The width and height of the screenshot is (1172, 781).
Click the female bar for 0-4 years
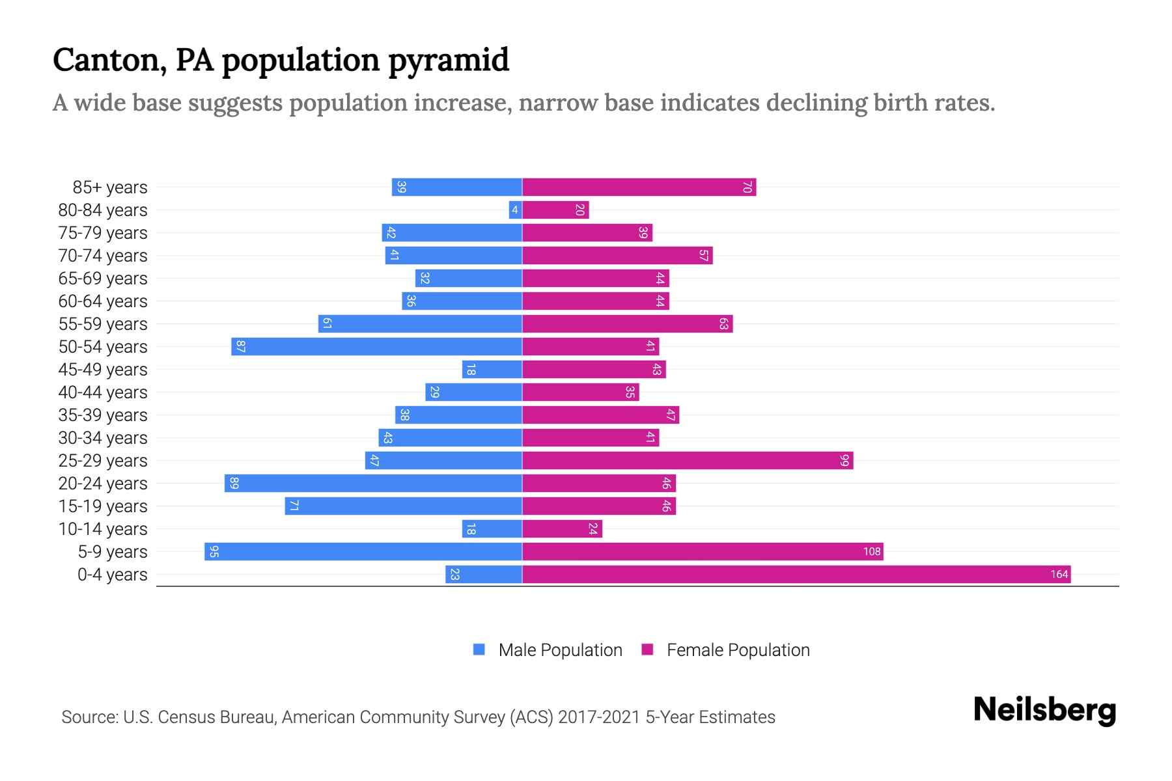(796, 574)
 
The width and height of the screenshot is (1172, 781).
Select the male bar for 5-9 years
(363, 551)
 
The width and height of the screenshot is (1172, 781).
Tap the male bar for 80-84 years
(515, 210)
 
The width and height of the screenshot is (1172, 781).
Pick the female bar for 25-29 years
(688, 460)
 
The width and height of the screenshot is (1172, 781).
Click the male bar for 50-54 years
(376, 346)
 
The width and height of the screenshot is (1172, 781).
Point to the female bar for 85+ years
(639, 187)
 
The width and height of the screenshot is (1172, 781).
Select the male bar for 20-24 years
(373, 483)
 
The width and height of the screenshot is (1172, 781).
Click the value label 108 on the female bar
(871, 552)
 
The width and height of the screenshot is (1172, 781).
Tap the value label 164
(1059, 575)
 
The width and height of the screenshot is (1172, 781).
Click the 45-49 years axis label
(103, 369)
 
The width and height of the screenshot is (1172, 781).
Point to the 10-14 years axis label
(103, 528)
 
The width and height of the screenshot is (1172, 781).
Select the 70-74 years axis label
(103, 255)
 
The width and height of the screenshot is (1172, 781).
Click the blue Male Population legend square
(479, 650)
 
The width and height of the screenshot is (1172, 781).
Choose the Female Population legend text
(738, 650)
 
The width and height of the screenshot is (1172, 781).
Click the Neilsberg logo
(1044, 709)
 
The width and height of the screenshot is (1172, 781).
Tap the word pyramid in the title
(449, 60)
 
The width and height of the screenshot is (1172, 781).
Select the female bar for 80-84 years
(555, 210)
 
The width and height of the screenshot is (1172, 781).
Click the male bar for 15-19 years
(403, 506)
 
